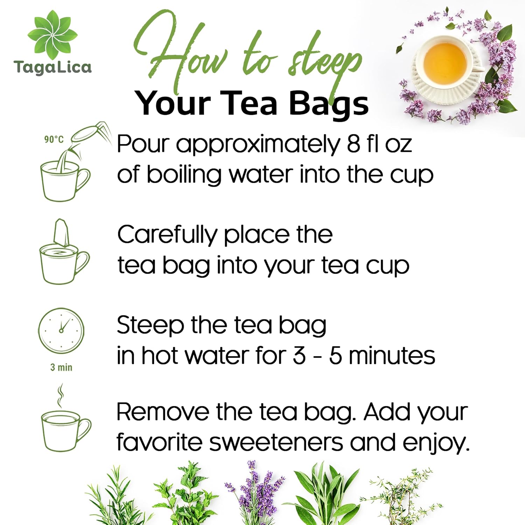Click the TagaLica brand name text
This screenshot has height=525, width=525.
click(x=52, y=67)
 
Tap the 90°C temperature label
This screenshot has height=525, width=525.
click(x=54, y=139)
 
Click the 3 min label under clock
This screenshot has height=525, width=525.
click(x=61, y=367)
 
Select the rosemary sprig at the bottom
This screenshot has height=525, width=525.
click(x=115, y=497)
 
